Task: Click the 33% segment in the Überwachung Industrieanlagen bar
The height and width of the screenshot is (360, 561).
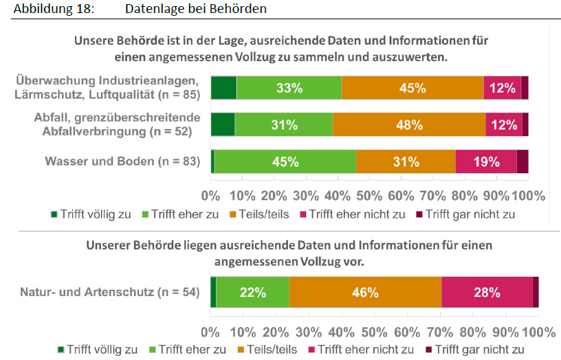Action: (x=289, y=88)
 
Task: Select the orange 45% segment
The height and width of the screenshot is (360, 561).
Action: (x=412, y=88)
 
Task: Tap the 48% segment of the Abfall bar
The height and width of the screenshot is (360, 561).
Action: (x=409, y=124)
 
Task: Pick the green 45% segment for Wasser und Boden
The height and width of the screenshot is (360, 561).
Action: (x=285, y=161)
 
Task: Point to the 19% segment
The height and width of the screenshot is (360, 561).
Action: (x=486, y=161)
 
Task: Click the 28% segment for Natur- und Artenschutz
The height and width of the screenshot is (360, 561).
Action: (x=487, y=292)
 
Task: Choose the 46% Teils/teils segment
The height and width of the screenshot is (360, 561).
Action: (x=365, y=292)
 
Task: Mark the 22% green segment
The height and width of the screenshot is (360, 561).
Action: (x=252, y=292)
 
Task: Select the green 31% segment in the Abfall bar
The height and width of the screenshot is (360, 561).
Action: (x=283, y=124)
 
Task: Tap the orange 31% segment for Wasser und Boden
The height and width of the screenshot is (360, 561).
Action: (x=406, y=161)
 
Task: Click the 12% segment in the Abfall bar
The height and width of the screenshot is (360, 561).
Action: (x=503, y=124)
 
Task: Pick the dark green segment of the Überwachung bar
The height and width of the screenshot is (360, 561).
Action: (x=223, y=88)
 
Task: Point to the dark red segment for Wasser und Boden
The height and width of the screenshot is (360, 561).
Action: (x=522, y=161)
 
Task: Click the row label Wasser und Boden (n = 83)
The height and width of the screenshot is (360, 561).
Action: (x=122, y=161)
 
